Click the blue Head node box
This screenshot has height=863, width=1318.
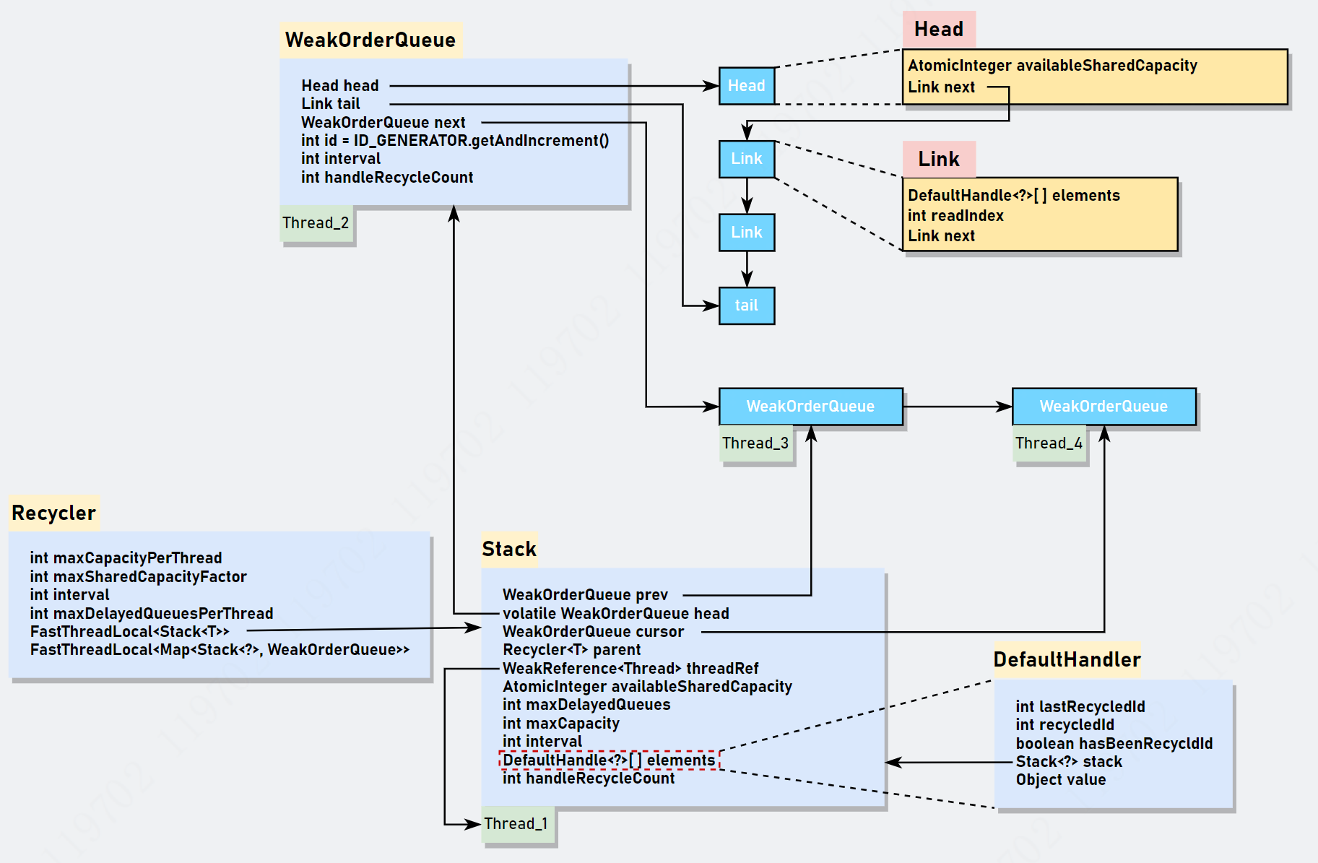746,86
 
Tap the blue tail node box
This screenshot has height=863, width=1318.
746,305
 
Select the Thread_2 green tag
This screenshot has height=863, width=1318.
316,223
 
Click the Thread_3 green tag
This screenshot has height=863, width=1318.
755,443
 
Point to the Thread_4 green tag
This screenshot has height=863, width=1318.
1049,443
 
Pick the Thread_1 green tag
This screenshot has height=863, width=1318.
516,824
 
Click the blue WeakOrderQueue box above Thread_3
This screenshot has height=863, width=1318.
810,407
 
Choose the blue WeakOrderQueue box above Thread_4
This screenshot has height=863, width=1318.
1104,407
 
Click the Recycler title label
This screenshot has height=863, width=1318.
54,513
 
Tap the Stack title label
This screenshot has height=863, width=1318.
509,549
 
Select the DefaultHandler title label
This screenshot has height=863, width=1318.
1067,659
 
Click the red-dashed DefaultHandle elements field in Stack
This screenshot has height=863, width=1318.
609,760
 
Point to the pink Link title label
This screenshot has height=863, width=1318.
939,159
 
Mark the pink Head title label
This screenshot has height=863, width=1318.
939,30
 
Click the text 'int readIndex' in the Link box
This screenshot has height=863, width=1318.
955,215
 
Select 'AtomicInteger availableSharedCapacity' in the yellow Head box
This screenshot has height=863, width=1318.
1052,66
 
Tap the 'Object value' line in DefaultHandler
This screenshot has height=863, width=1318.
1061,780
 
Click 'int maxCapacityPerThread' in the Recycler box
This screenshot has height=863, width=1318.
126,558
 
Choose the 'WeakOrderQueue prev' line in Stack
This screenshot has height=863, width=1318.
585,595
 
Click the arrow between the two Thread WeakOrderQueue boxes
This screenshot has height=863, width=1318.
957,407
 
